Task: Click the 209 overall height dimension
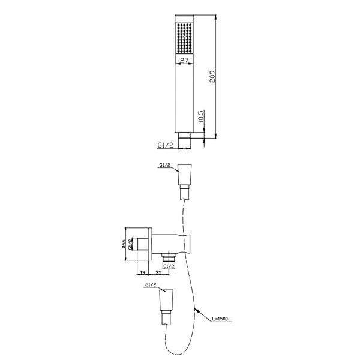click(x=212, y=76)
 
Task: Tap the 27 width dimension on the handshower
click(x=184, y=60)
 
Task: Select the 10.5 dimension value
click(x=201, y=116)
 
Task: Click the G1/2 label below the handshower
click(x=166, y=145)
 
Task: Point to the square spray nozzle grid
click(x=184, y=38)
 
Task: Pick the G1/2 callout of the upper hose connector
click(x=164, y=165)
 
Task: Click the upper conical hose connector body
click(x=185, y=175)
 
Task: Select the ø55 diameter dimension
click(x=124, y=244)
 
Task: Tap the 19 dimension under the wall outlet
click(x=142, y=272)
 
